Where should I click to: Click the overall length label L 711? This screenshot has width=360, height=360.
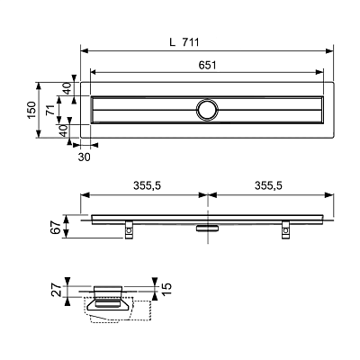(x=184, y=42)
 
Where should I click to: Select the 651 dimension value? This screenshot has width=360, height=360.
(x=207, y=65)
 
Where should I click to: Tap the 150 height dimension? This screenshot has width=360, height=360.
(x=31, y=110)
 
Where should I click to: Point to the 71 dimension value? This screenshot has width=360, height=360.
(x=50, y=110)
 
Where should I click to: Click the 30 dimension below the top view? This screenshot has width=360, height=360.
(x=85, y=157)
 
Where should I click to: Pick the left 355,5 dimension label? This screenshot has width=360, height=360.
(x=148, y=186)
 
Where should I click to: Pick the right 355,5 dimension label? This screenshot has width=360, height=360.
(x=268, y=186)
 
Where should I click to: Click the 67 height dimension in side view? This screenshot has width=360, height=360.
(x=56, y=227)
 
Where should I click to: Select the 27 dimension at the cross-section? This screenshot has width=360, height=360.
(x=58, y=291)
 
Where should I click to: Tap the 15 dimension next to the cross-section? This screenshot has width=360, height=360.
(x=166, y=288)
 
